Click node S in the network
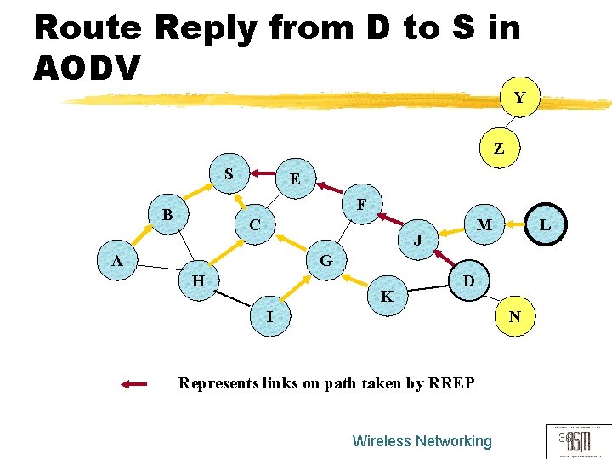click(229, 174)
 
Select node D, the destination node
click(467, 280)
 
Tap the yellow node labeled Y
click(519, 98)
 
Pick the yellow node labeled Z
click(499, 148)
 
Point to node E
click(294, 179)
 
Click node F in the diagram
click(362, 205)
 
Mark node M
click(484, 225)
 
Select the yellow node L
click(545, 225)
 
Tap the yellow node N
click(514, 317)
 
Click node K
click(387, 297)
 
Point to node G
click(326, 260)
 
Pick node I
click(269, 316)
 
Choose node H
click(198, 280)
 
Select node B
click(167, 215)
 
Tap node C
click(255, 225)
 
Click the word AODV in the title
click(86, 69)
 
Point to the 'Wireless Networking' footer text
click(422, 441)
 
